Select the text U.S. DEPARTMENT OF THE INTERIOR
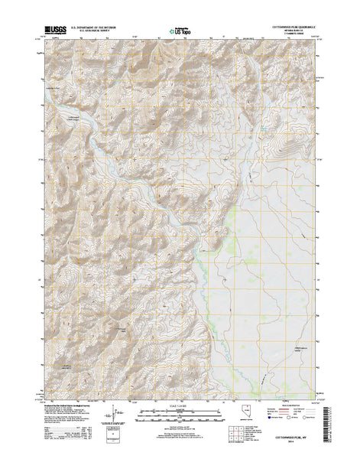pos(102,26)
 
